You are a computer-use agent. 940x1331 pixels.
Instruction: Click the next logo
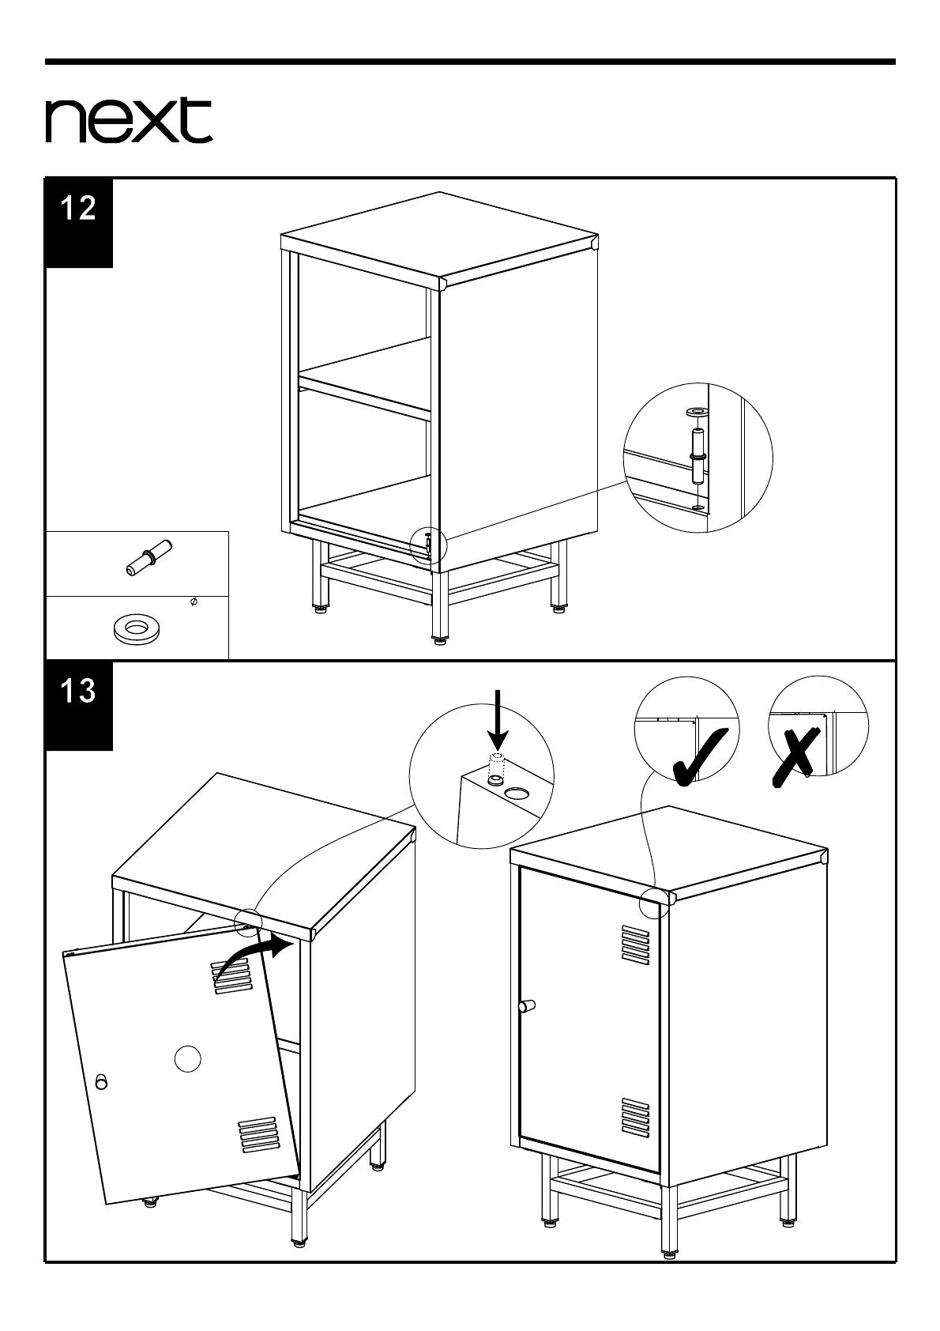(129, 121)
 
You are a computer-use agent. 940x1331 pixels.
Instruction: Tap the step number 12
(78, 209)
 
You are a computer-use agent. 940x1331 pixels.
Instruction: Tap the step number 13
(78, 692)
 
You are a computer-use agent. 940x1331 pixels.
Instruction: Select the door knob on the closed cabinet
(526, 1005)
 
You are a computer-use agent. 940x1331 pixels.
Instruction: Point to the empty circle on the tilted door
(187, 1058)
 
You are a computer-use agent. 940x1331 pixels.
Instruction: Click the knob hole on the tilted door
(101, 1081)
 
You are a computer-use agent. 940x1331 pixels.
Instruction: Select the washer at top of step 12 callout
(697, 412)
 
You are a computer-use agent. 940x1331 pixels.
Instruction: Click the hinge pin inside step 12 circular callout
(697, 456)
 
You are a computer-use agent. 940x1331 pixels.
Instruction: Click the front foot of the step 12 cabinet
(439, 639)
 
